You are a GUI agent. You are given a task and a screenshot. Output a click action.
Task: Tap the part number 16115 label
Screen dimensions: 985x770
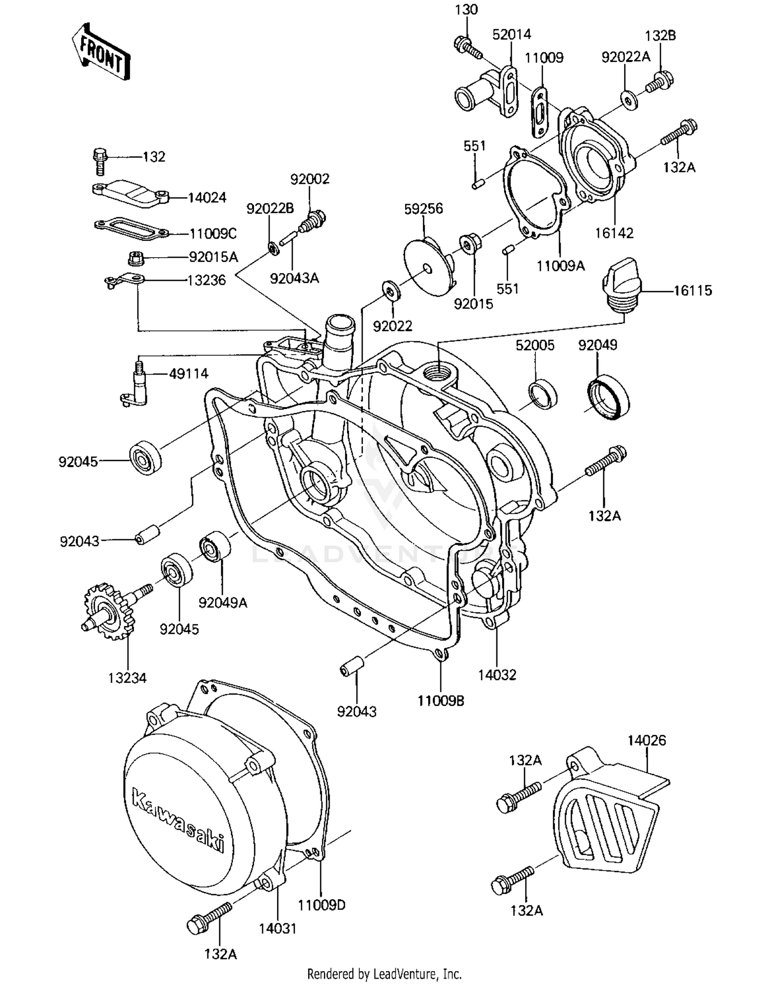pos(692,291)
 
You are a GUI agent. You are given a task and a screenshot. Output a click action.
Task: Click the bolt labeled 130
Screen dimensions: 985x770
pos(468,47)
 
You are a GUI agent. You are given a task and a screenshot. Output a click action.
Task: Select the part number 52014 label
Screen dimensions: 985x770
pos(511,34)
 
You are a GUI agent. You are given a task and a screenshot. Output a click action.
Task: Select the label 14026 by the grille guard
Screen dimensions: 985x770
pos(646,740)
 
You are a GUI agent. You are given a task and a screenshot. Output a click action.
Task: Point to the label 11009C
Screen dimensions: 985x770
pos(213,234)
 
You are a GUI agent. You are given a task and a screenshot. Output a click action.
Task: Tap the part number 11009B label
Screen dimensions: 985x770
pos(440,700)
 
